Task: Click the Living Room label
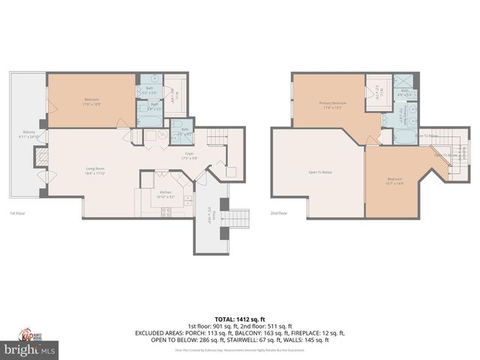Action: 94,170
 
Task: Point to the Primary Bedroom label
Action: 333,104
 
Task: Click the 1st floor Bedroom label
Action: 91,100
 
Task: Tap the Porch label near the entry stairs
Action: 212,215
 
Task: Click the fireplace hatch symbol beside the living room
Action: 42,156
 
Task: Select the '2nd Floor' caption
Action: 278,212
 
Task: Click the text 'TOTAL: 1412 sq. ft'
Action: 240,319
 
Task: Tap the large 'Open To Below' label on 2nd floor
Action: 319,171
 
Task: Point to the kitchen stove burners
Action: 165,212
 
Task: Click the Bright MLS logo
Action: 30,349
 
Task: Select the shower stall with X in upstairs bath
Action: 403,82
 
